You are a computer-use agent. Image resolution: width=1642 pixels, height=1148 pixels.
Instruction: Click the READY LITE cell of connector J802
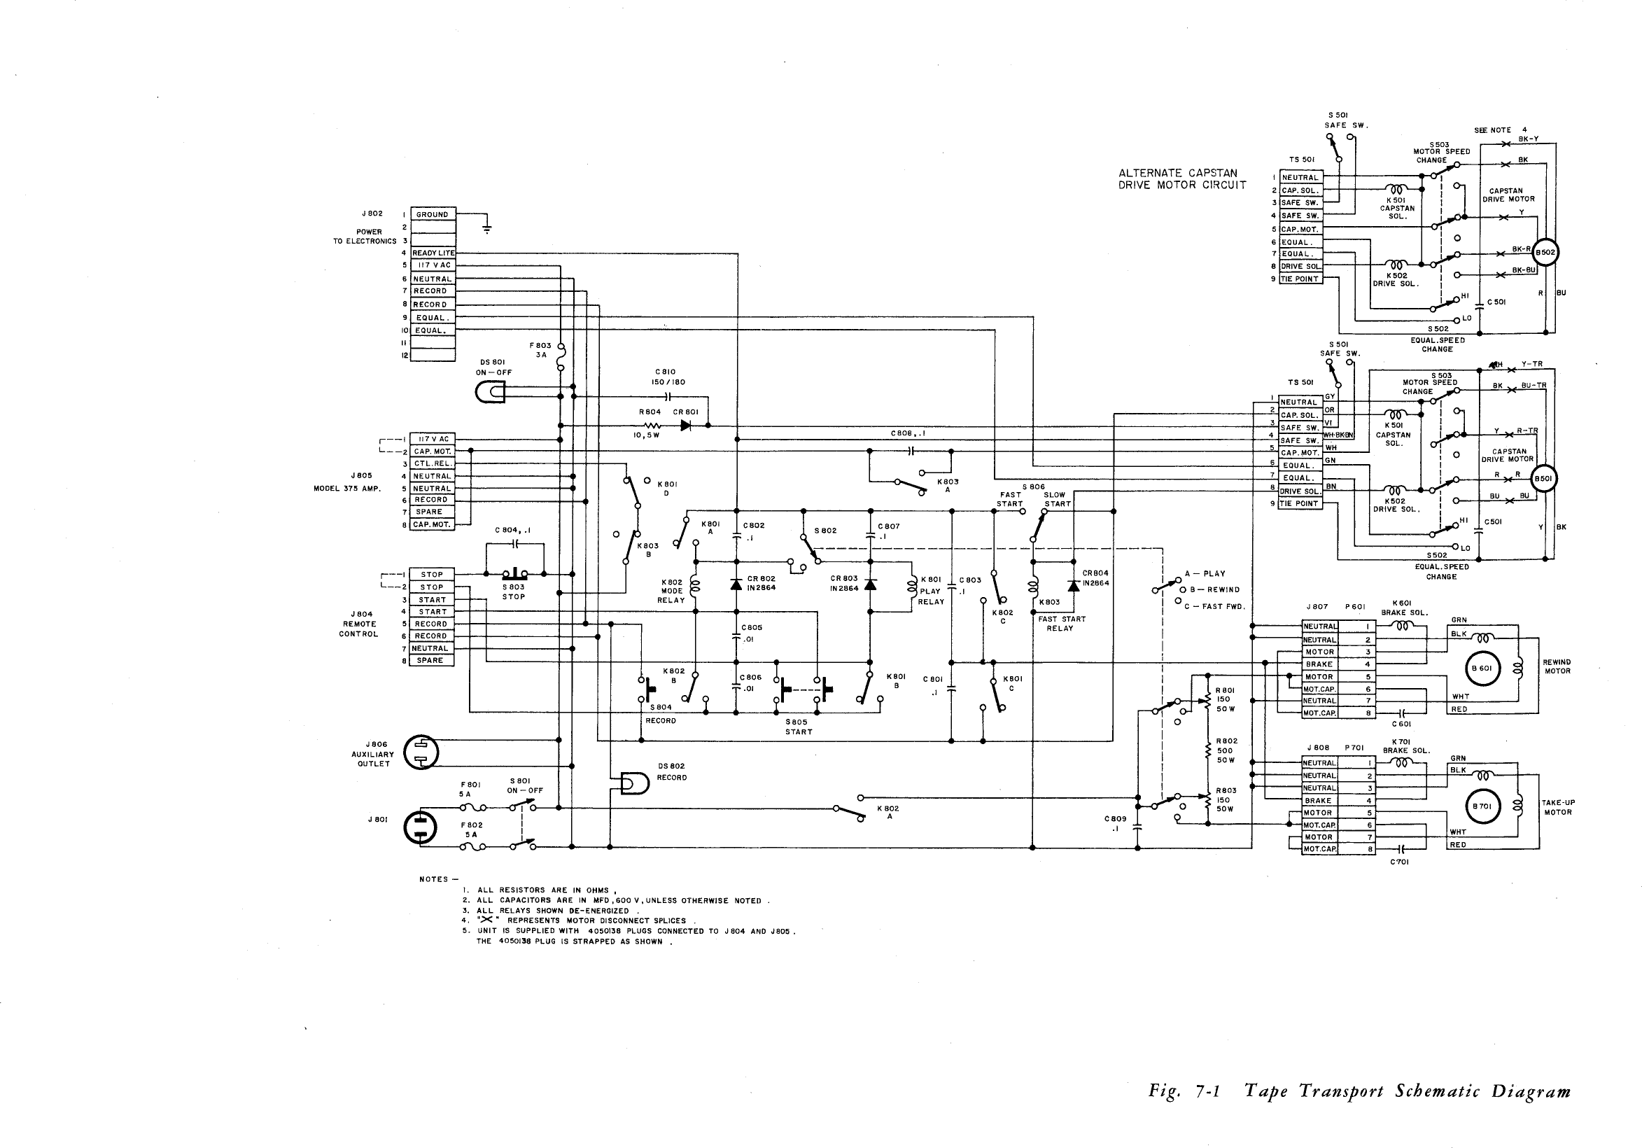pyautogui.click(x=433, y=253)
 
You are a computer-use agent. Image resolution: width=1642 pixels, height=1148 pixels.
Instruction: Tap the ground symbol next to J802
pyautogui.click(x=486, y=229)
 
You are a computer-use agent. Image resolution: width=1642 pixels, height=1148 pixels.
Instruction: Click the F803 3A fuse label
pyautogui.click(x=540, y=350)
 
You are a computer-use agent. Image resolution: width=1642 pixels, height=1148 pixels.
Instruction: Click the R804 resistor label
pyautogui.click(x=650, y=412)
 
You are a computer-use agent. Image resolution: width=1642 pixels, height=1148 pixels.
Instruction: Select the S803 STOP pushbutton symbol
pyautogui.click(x=514, y=573)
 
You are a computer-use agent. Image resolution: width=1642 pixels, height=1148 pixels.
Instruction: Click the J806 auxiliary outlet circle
pyautogui.click(x=421, y=752)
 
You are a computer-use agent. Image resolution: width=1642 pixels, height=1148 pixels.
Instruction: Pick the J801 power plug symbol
pyautogui.click(x=421, y=827)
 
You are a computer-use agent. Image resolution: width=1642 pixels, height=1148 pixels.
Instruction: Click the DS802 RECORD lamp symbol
pyautogui.click(x=634, y=784)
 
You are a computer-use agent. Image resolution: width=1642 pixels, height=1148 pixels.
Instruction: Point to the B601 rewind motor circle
pyautogui.click(x=1480, y=668)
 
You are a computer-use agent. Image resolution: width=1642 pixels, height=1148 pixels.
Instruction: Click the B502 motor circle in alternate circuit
pyautogui.click(x=1545, y=253)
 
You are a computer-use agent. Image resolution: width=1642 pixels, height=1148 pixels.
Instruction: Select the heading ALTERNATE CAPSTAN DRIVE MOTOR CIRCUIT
pyautogui.click(x=1182, y=178)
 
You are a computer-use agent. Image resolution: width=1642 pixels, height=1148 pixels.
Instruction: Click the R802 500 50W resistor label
pyautogui.click(x=1226, y=750)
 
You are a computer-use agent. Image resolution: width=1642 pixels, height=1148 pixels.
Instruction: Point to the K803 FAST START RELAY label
pyautogui.click(x=1061, y=623)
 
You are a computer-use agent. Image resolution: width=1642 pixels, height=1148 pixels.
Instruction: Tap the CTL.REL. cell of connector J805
pyautogui.click(x=432, y=463)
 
